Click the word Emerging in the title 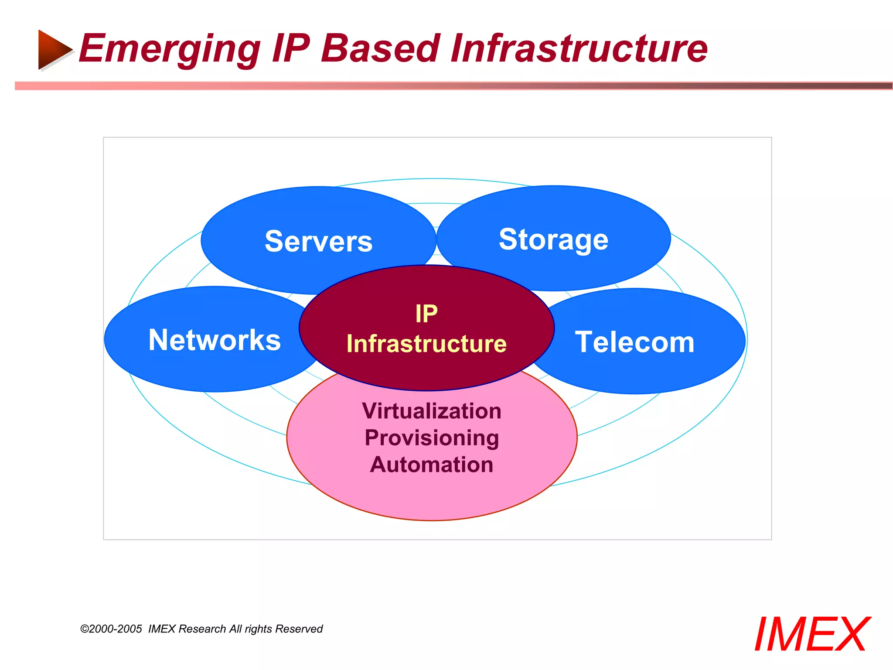coord(169,49)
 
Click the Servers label coord(318,241)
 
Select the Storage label coord(553,239)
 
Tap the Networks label coord(215,340)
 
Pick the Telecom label coord(634,342)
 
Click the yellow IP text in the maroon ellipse coord(426,314)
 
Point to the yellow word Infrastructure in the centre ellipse coord(426,343)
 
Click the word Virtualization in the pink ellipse coord(431,411)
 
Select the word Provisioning coord(431,438)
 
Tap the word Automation coord(431,465)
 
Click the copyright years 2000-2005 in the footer coord(116,629)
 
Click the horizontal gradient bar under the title coord(453,86)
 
